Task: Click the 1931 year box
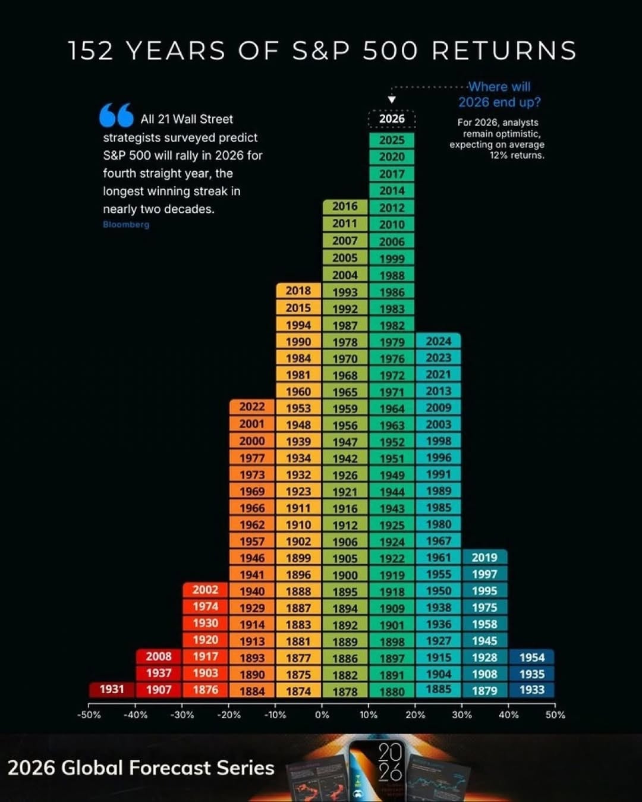tap(112, 689)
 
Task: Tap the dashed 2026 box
tap(392, 119)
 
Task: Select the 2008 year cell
tap(159, 656)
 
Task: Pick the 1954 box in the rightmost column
tap(532, 657)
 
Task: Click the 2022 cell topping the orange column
tap(252, 407)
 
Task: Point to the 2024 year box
tap(439, 341)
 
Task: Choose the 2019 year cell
tap(484, 557)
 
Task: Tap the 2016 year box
tap(345, 206)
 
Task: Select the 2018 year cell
tap(298, 291)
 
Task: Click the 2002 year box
tap(205, 590)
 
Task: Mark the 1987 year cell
tap(345, 325)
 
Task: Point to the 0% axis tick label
tap(322, 715)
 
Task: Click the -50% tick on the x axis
tap(89, 715)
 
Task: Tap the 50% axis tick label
tap(555, 715)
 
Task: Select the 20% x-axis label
tap(415, 715)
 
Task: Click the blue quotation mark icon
tap(117, 115)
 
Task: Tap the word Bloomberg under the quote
tap(126, 225)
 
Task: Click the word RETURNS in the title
tap(504, 51)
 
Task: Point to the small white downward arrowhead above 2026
tap(392, 100)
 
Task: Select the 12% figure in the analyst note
tap(497, 156)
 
